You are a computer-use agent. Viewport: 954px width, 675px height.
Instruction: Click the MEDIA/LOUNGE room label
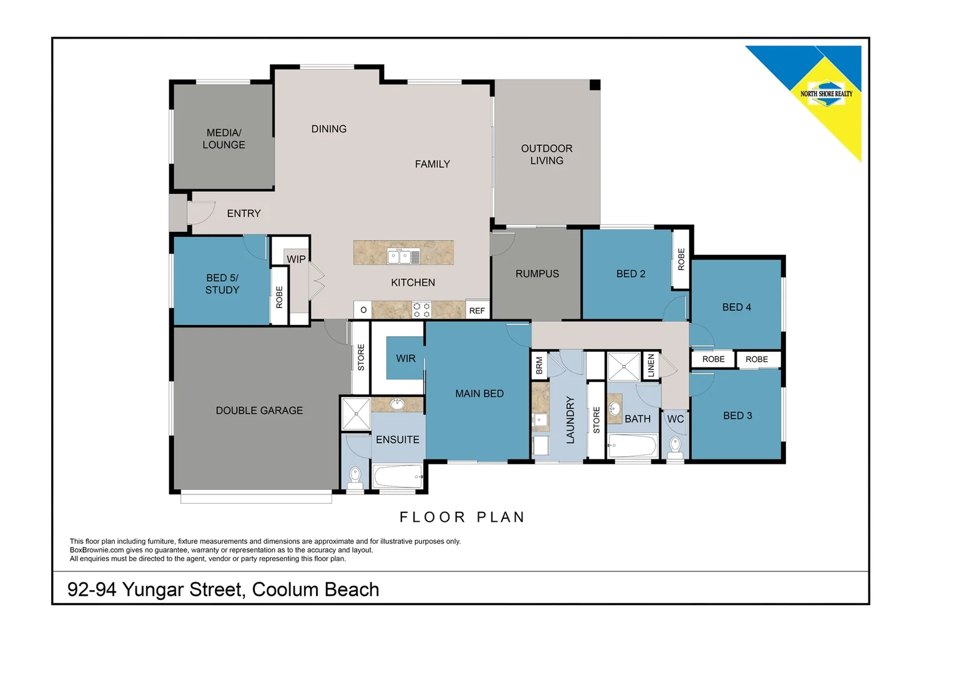pyautogui.click(x=224, y=139)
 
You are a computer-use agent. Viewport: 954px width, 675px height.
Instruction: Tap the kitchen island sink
pyautogui.click(x=403, y=256)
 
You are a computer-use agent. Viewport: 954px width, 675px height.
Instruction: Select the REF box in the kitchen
pyautogui.click(x=477, y=310)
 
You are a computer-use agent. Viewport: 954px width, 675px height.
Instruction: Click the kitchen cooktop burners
pyautogui.click(x=422, y=310)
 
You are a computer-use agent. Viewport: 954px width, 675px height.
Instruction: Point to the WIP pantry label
pyautogui.click(x=296, y=259)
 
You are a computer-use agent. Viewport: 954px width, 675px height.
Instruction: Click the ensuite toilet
pyautogui.click(x=355, y=476)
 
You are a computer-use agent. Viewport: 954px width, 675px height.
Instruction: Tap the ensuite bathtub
pyautogui.click(x=397, y=476)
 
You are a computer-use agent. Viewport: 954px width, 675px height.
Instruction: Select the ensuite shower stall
pyautogui.click(x=356, y=414)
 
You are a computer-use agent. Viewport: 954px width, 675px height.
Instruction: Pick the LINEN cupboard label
pyautogui.click(x=651, y=365)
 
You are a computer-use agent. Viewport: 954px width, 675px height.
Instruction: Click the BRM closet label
pyautogui.click(x=539, y=365)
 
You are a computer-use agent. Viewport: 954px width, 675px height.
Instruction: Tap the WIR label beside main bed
pyautogui.click(x=406, y=358)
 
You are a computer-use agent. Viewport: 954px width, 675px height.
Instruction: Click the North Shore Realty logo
pyautogui.click(x=826, y=94)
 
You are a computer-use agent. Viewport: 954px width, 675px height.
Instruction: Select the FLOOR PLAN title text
pyautogui.click(x=462, y=517)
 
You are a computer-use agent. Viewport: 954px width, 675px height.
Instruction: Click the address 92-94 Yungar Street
pyautogui.click(x=223, y=589)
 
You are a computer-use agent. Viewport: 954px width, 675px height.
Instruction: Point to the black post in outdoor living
pyautogui.click(x=595, y=85)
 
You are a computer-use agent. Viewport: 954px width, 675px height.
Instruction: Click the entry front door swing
pyautogui.click(x=202, y=212)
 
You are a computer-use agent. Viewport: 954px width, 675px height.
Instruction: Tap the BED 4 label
pyautogui.click(x=737, y=307)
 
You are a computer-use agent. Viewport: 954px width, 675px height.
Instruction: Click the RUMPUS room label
pyautogui.click(x=537, y=274)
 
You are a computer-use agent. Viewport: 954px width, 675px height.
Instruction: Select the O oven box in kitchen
pyautogui.click(x=363, y=310)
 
